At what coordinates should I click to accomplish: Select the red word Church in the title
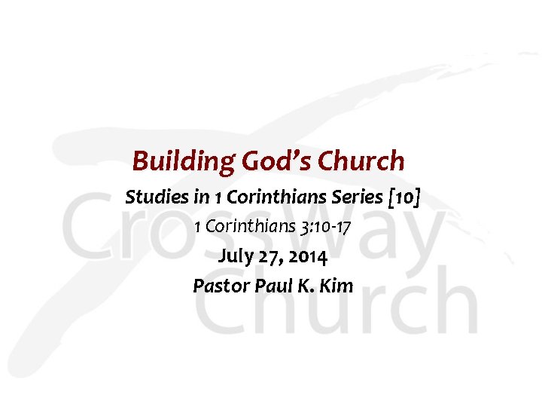(361, 161)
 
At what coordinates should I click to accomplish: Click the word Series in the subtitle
(358, 197)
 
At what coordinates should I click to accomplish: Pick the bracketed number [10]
(403, 197)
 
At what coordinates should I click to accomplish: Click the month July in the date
(234, 256)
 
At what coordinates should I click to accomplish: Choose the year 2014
(306, 256)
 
